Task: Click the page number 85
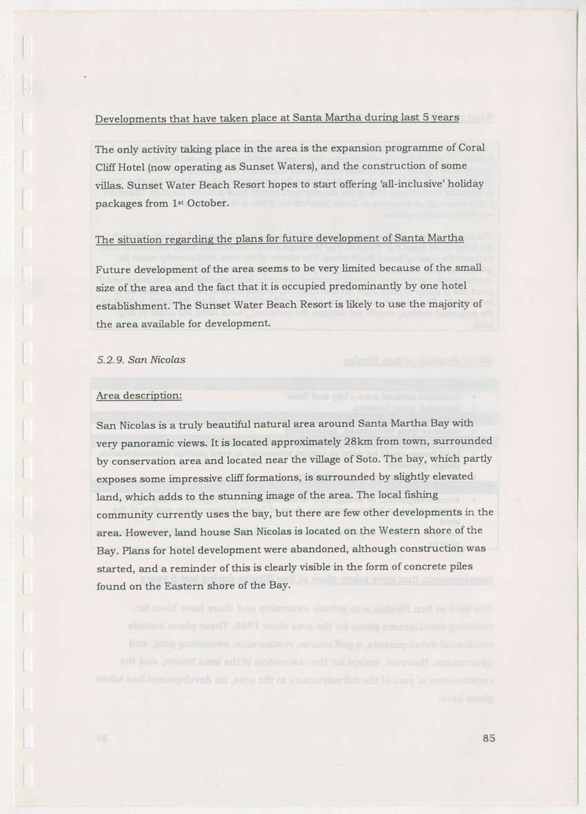pyautogui.click(x=489, y=737)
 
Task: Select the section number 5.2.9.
pyautogui.click(x=109, y=359)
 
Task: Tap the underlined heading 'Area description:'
pyautogui.click(x=139, y=396)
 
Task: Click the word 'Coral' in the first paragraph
pyautogui.click(x=471, y=149)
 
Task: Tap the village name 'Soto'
pyautogui.click(x=402, y=459)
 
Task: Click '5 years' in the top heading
pyautogui.click(x=441, y=118)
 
